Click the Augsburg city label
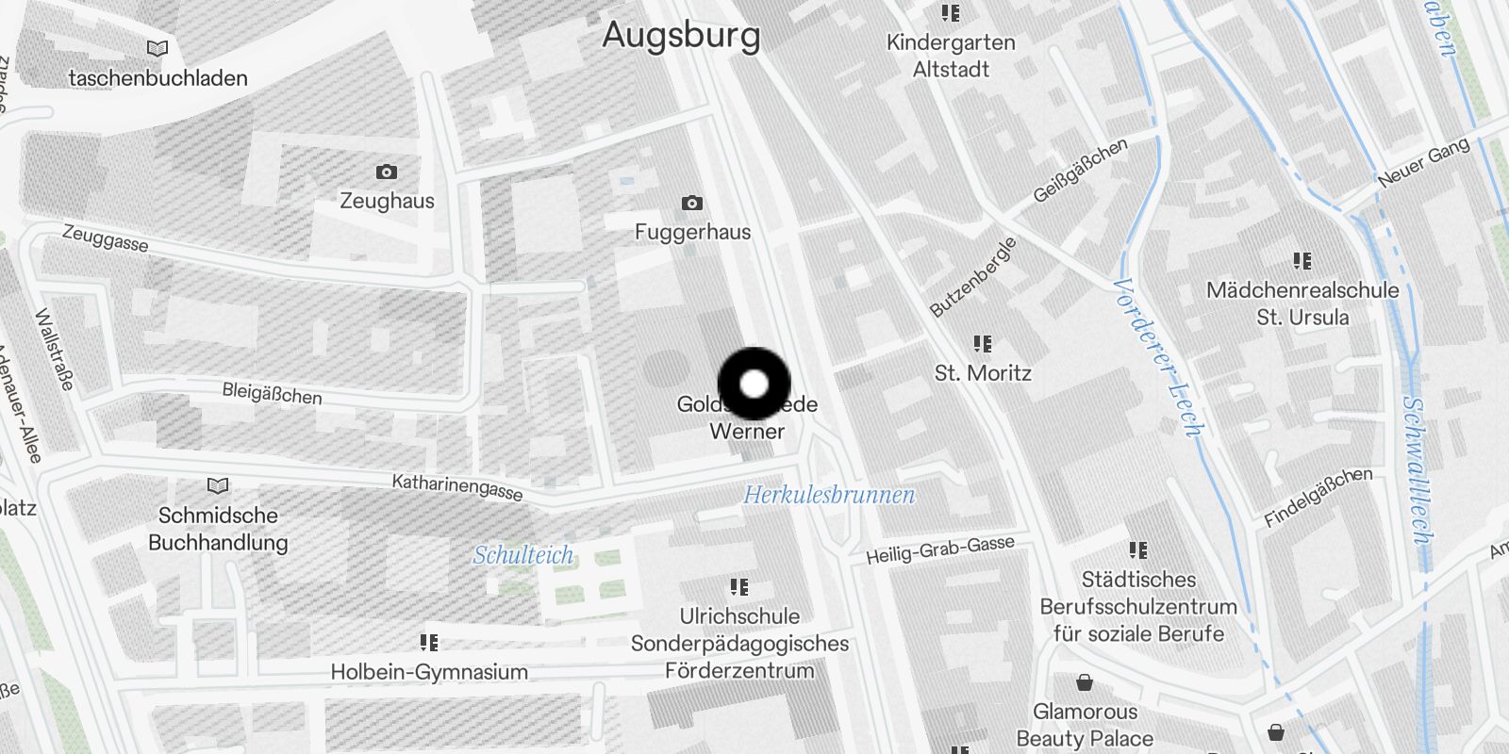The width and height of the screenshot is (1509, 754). (x=681, y=35)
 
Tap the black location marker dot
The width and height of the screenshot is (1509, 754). (x=754, y=384)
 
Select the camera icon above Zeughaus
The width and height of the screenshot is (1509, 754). (x=386, y=172)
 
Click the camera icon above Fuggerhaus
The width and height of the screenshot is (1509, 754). (x=692, y=203)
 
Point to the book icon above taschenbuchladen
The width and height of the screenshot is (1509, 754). (x=158, y=48)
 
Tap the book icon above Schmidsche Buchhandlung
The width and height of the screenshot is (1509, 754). (x=218, y=485)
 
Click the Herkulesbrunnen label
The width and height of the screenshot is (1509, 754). (x=829, y=495)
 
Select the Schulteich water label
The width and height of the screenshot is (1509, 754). (x=522, y=555)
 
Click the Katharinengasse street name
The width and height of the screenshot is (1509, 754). (x=457, y=487)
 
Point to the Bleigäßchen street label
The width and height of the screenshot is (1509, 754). (x=272, y=393)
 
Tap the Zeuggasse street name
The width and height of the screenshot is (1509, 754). (x=105, y=238)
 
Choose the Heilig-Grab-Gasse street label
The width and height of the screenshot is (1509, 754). (x=940, y=549)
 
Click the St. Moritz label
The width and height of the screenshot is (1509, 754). (x=983, y=373)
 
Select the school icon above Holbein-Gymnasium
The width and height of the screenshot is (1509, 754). (x=429, y=643)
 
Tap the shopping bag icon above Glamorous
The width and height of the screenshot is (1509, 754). (x=1085, y=682)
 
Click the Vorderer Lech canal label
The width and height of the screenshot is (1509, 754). (x=1158, y=358)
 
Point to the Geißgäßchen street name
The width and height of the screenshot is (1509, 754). (x=1080, y=171)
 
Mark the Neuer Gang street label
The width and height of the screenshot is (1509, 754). (x=1423, y=162)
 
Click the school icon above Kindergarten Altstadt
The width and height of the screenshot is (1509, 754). (x=951, y=13)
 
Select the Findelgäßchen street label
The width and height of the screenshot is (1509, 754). (x=1318, y=497)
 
